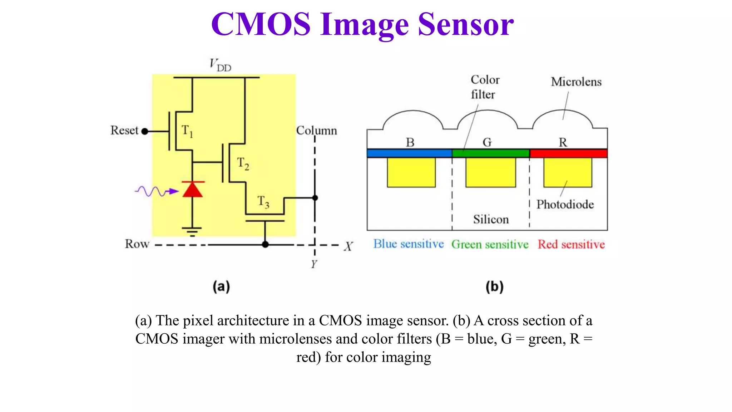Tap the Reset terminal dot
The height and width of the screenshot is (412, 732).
point(145,131)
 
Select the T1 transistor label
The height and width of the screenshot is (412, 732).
point(187,131)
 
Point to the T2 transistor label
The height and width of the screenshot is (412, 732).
point(243,163)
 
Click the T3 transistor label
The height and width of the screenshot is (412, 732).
point(263,202)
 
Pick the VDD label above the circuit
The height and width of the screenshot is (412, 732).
point(220,65)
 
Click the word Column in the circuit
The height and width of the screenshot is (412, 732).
point(316,131)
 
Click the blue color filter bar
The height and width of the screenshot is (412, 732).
point(409,153)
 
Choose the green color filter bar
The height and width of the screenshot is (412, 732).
point(490,153)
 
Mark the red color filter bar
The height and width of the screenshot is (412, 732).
point(568,153)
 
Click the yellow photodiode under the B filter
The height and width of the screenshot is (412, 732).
point(411,172)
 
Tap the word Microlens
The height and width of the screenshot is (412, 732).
point(576,82)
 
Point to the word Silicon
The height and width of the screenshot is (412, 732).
point(491,219)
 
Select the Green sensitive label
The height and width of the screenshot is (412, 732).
point(490,245)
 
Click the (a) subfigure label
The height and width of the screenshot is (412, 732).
point(221,286)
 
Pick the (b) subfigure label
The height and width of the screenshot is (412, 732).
point(494,286)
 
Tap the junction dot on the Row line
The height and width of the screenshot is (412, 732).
point(265,245)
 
